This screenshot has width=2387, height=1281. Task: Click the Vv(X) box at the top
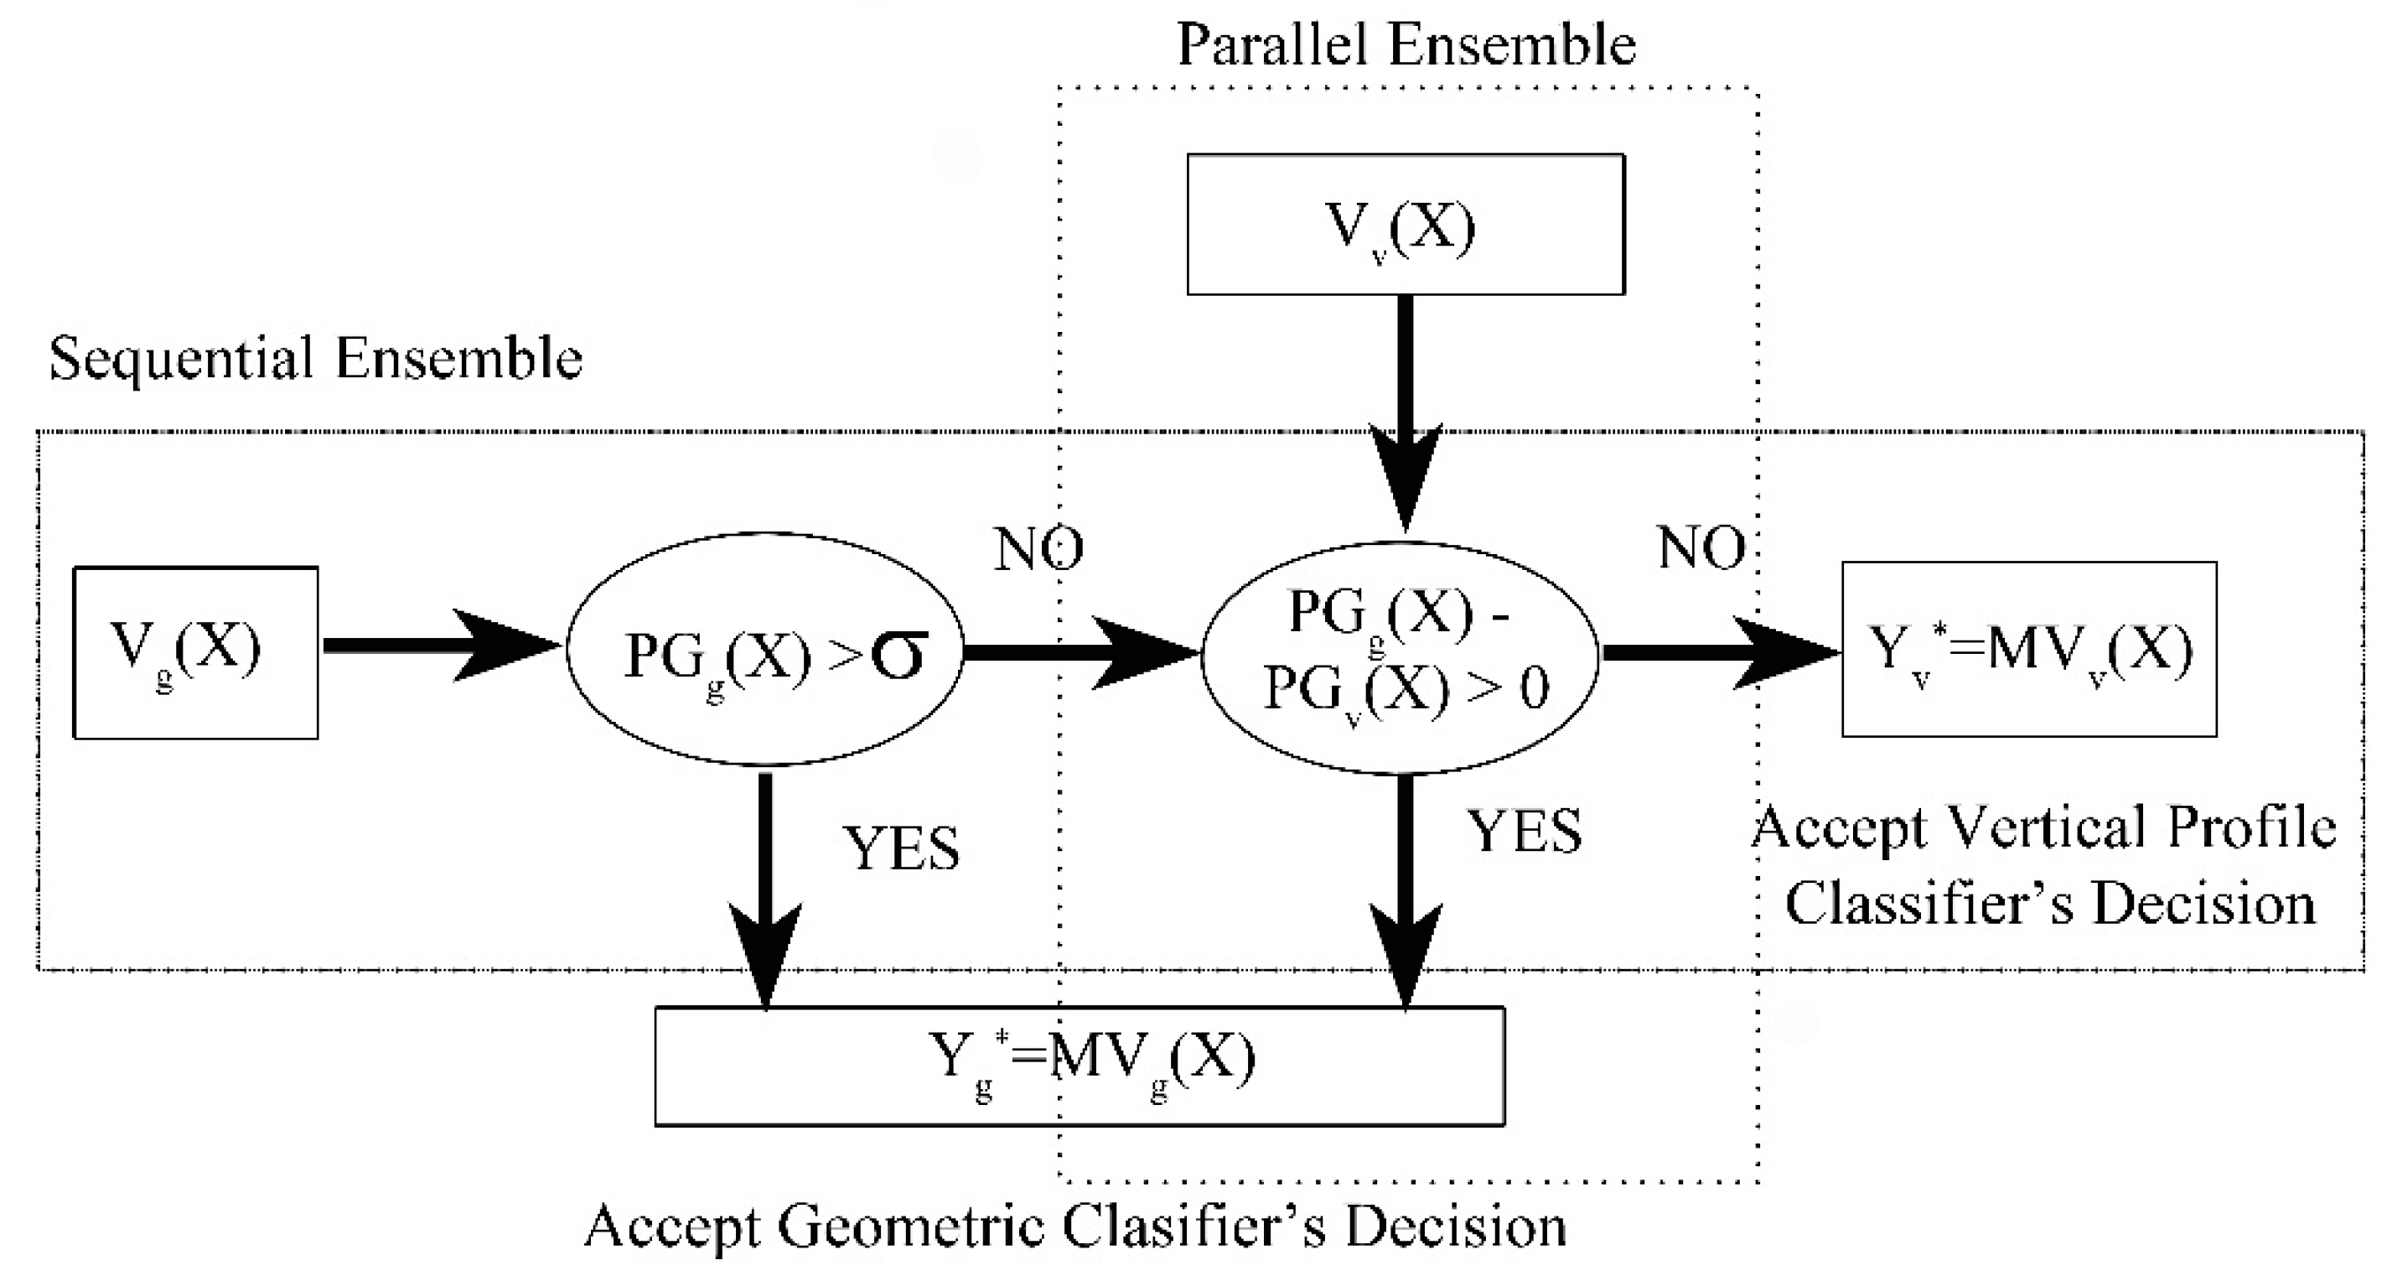[1405, 225]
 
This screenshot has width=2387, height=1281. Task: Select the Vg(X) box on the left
[195, 652]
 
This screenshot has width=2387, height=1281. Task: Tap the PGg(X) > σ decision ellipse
[765, 649]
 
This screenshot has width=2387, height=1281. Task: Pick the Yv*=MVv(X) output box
[2028, 649]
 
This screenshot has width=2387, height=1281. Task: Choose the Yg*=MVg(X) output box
[1079, 1066]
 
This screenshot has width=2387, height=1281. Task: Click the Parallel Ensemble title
[1406, 44]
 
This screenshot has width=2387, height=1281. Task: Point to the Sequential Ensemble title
[315, 359]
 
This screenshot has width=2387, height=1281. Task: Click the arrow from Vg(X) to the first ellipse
[440, 646]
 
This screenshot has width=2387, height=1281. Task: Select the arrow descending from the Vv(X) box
[1405, 407]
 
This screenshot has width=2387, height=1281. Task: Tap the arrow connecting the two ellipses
[1080, 652]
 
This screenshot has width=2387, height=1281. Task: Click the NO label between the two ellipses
[1038, 549]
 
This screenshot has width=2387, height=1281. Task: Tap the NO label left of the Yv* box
[1701, 547]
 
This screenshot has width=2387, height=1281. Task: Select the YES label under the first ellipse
[901, 848]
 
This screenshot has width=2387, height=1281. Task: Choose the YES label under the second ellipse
[1524, 832]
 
